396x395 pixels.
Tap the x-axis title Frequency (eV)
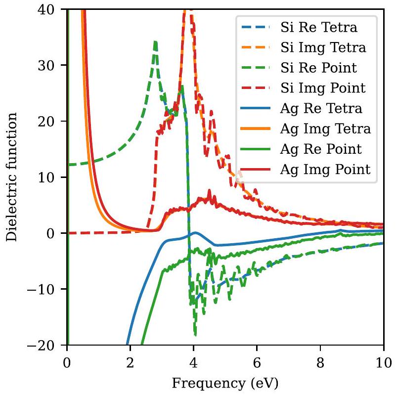pyautogui.click(x=225, y=382)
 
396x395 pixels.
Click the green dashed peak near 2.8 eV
pyautogui.click(x=155, y=43)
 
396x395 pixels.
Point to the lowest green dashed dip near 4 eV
pyautogui.click(x=195, y=335)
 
